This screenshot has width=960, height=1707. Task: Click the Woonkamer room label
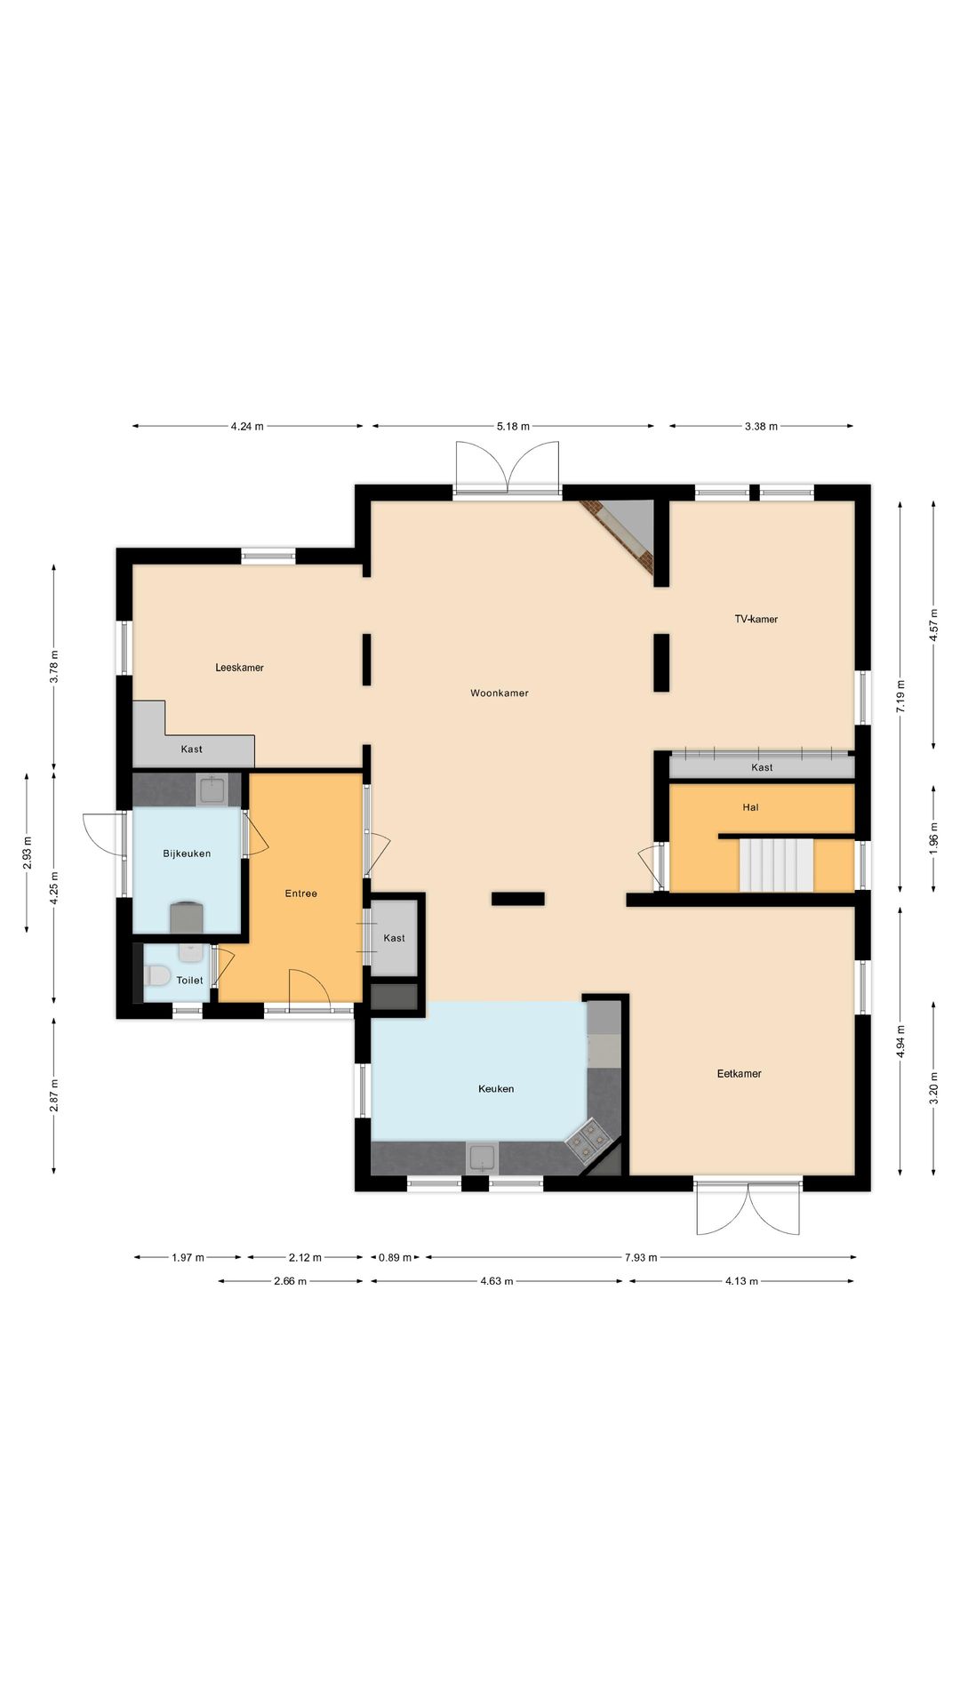[500, 693]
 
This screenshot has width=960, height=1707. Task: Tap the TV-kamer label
[756, 619]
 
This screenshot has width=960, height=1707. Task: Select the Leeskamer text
[239, 668]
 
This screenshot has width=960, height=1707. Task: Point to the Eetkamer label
[740, 1073]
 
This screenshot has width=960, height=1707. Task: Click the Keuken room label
[496, 1088]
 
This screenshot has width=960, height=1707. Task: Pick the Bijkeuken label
[187, 853]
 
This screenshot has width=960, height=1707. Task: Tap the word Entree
[300, 894]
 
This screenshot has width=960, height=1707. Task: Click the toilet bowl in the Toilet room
[157, 976]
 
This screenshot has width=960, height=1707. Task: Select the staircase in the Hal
[777, 864]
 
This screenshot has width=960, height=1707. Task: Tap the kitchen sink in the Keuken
[482, 1158]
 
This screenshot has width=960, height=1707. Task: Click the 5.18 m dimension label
[513, 427]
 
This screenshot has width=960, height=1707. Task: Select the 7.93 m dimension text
[641, 1257]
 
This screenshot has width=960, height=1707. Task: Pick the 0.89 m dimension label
[396, 1257]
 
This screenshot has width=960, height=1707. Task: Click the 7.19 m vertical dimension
[900, 696]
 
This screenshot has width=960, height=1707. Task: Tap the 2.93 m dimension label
[28, 853]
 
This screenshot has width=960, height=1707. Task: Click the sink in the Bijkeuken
[212, 789]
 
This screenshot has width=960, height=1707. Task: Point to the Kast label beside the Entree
[394, 938]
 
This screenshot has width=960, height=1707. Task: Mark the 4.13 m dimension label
[741, 1281]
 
